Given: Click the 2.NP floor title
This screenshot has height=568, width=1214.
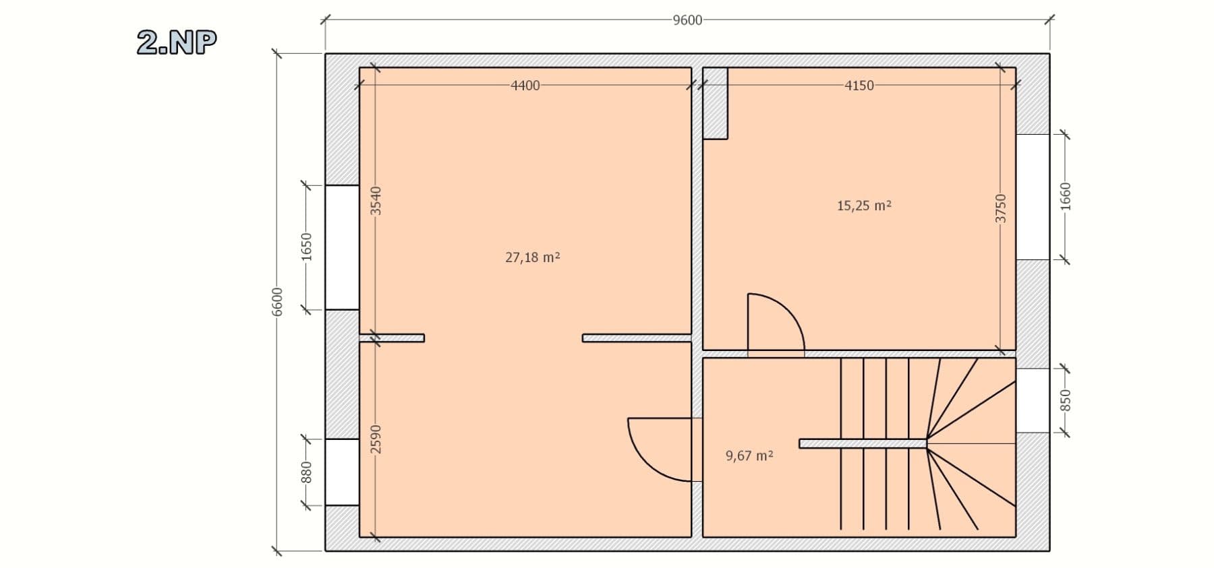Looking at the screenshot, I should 177,42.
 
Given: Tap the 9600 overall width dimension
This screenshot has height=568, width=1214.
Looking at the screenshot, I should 687,20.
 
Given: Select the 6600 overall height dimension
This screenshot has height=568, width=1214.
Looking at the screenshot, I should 277,301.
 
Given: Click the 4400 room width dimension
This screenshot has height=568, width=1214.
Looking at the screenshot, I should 525,86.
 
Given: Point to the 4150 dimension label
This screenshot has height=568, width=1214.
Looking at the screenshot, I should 859,86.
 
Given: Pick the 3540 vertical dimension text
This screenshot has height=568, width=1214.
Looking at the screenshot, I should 376,201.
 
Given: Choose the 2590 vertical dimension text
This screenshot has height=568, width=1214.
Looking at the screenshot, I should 376,439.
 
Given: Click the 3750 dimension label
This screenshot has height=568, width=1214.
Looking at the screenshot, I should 1001,208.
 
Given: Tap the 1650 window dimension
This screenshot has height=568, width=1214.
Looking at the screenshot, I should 306,247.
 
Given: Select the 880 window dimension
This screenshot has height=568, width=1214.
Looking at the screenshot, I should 306,472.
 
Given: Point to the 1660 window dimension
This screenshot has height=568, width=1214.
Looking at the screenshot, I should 1066,196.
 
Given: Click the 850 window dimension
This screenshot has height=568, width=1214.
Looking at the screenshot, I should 1066,401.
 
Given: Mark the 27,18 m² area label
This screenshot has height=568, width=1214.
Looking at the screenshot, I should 532,257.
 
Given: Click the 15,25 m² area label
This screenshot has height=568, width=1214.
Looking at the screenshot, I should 864,206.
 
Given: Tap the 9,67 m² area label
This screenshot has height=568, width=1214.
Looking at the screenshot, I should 749,455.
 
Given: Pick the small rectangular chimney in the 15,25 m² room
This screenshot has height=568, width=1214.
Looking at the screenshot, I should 715,103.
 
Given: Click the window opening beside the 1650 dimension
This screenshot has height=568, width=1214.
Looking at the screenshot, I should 342,247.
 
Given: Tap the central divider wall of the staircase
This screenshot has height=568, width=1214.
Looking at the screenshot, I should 863,443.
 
